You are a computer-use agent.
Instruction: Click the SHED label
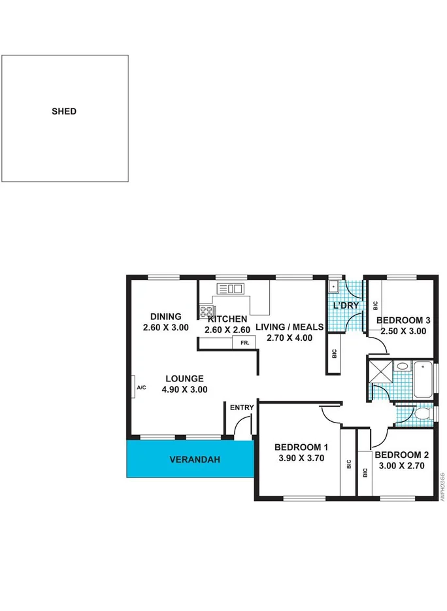[x=64, y=111]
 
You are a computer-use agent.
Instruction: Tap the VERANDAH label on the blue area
[x=195, y=459]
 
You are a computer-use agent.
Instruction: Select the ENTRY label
[x=241, y=408]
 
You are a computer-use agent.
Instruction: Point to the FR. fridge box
[x=244, y=343]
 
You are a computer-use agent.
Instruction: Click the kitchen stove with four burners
[x=207, y=311]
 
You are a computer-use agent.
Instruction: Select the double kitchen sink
[x=231, y=288]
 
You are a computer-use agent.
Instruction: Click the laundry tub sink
[x=333, y=286]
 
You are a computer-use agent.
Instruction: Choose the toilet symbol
[x=422, y=414]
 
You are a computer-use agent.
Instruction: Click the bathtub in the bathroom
[x=422, y=379]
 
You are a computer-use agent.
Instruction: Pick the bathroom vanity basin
[x=402, y=366]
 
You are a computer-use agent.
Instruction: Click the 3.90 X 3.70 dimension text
[x=302, y=459]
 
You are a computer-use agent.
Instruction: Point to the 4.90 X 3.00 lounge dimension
[x=185, y=389]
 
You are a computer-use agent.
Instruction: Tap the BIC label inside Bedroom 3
[x=375, y=305]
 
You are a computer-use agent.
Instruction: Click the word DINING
[x=165, y=317]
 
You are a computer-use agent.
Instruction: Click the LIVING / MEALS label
[x=289, y=327]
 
